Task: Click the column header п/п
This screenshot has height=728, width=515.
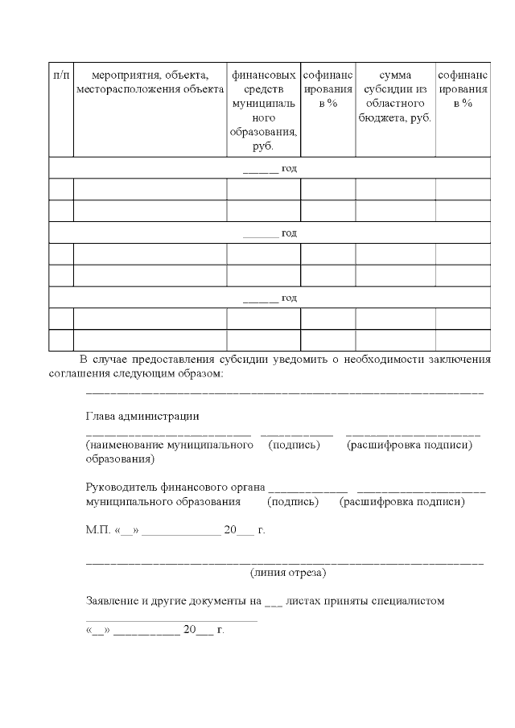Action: point(61,76)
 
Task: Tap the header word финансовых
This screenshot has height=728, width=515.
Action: point(263,76)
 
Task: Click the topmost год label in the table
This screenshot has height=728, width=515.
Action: point(289,168)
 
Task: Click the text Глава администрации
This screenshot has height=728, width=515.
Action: point(142,416)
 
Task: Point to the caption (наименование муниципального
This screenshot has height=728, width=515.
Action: point(170,445)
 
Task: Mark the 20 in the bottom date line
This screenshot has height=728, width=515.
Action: point(190,630)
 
